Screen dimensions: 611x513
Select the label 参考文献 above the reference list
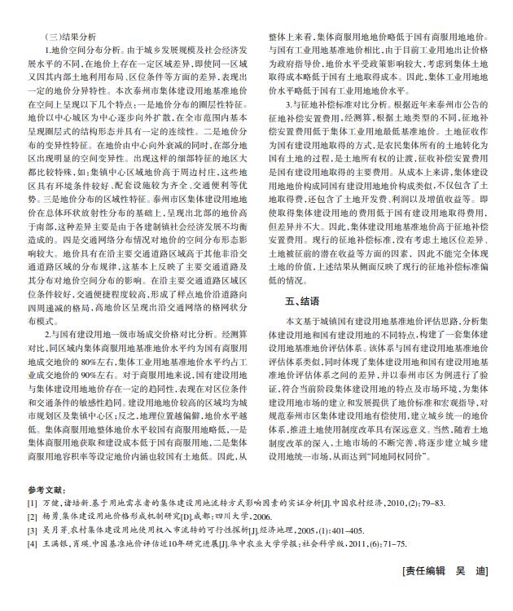[x=45, y=491]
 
